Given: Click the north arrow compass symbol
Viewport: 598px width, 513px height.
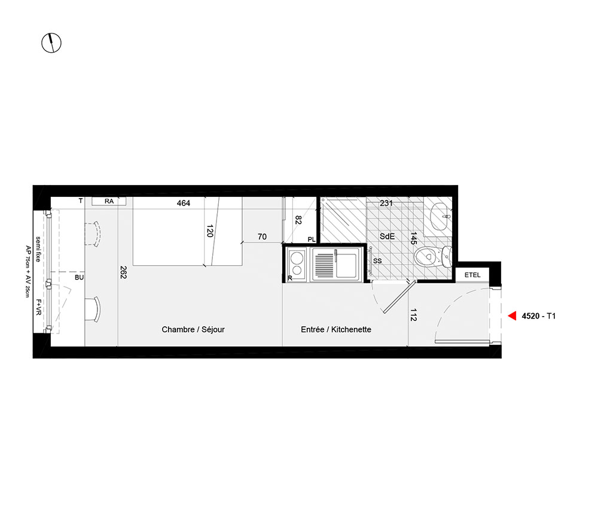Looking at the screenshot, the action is click(51, 43).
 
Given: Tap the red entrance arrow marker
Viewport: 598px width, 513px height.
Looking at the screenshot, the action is click(512, 315).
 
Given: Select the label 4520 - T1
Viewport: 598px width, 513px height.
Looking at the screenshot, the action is click(539, 316).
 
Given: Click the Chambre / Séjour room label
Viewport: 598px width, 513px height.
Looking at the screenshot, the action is click(193, 329).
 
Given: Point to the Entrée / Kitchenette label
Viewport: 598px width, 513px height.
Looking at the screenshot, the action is click(336, 329).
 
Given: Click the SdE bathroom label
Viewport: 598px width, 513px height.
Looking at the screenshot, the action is click(387, 236).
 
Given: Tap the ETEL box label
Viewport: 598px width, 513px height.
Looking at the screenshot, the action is click(472, 275).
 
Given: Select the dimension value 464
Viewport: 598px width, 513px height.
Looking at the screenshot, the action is click(184, 203).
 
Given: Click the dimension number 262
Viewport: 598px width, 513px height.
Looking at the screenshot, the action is click(123, 272).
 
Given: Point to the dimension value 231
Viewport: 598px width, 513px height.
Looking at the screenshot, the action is click(386, 203).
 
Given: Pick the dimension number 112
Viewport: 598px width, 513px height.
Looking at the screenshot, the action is click(413, 314).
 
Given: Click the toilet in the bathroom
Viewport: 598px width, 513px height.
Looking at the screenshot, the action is click(433, 256).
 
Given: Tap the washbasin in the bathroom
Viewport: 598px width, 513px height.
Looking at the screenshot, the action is click(441, 217).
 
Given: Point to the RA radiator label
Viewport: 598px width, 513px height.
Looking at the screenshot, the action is click(109, 201).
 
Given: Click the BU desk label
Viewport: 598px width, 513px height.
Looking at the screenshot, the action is click(79, 278).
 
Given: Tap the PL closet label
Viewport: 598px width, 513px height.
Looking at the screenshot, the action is click(312, 239).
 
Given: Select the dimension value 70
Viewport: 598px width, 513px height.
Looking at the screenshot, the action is click(262, 236).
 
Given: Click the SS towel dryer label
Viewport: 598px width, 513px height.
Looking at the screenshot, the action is click(377, 261).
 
